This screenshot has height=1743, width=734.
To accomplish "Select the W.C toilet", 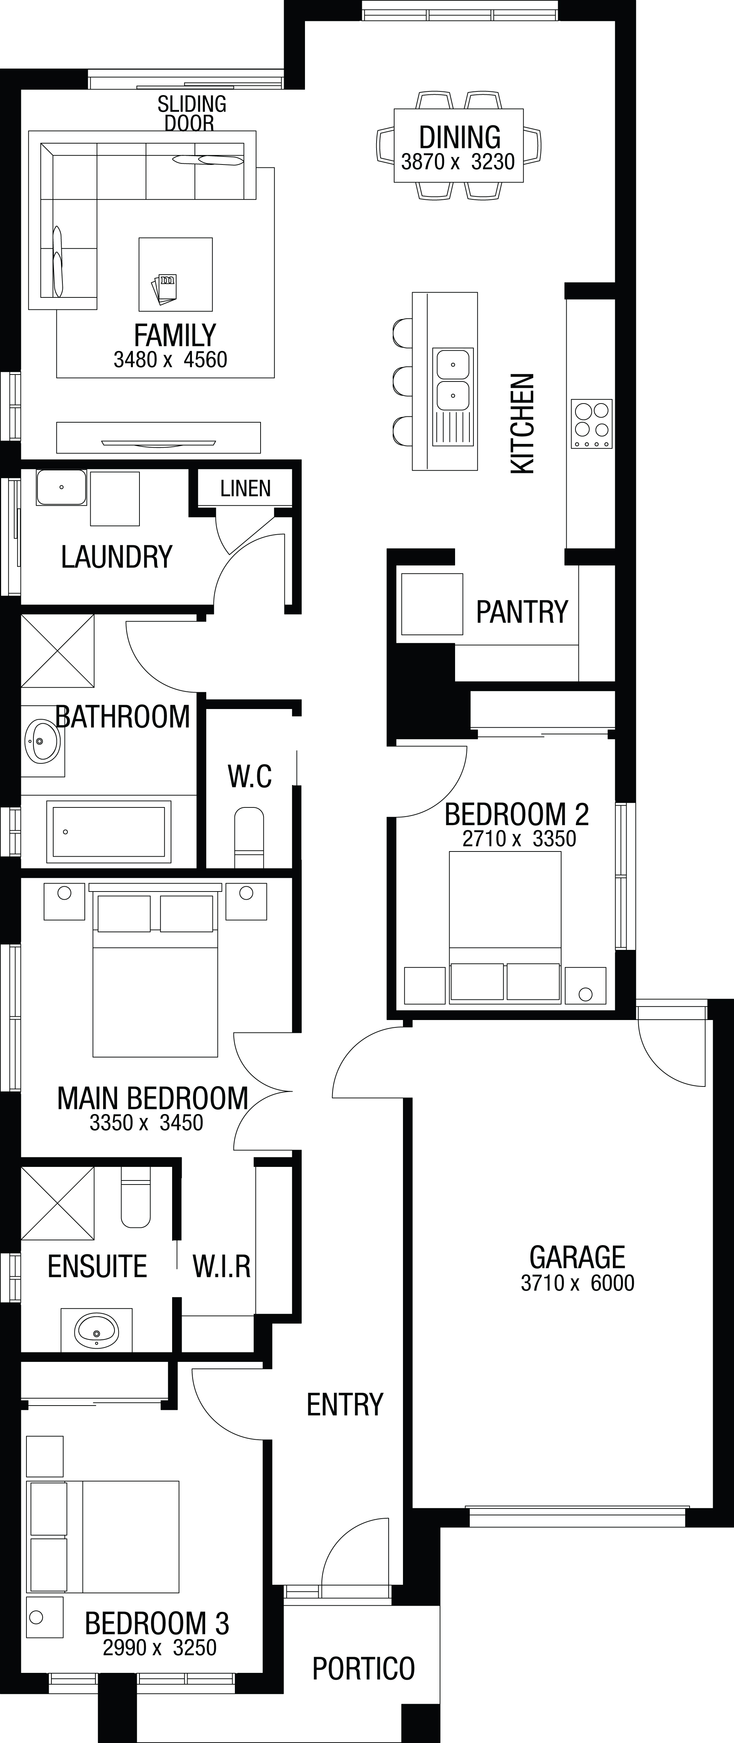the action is [249, 837].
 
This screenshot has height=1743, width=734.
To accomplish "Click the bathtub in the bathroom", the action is [108, 832].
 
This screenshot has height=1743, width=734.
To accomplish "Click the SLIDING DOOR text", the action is [192, 113].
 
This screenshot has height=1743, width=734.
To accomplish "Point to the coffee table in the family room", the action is [175, 274].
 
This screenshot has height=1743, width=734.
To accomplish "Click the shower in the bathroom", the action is [58, 651].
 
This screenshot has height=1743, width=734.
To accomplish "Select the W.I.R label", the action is [221, 1266].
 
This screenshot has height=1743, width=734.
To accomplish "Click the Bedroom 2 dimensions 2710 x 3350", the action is [519, 838].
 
